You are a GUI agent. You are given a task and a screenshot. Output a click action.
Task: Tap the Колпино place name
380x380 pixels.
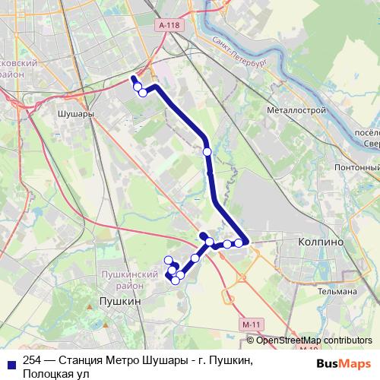318,241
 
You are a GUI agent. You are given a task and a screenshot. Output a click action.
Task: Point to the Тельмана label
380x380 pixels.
338,291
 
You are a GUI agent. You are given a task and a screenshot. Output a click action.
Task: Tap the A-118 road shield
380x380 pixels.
170,25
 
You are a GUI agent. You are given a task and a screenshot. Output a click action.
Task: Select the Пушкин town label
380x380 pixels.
119,302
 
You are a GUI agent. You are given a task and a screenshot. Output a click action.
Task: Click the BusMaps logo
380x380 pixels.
343,363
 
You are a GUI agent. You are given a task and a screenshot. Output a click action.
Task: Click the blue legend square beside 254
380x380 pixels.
11,362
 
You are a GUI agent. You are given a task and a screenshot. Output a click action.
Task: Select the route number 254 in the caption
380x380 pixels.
33,361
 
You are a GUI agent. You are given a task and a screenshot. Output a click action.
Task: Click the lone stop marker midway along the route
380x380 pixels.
207,152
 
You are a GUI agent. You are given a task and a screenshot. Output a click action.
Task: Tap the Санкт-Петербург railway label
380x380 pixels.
237,53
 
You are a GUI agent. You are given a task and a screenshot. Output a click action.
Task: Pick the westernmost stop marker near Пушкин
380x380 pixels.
168,261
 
